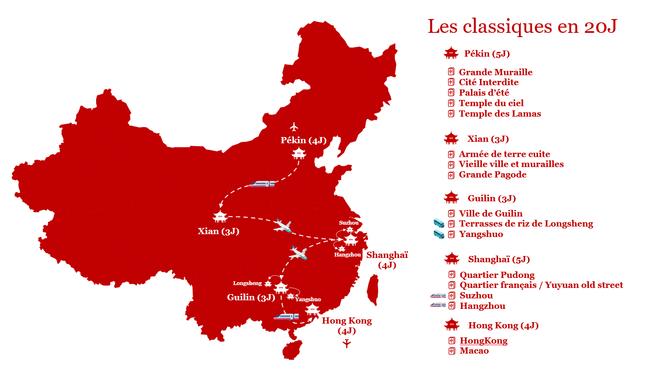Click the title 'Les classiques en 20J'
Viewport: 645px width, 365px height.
522,26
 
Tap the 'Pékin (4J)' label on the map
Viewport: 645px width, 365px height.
303,140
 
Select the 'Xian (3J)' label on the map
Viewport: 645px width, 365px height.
218,232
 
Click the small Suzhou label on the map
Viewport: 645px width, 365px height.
349,223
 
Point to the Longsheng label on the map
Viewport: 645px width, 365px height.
247,283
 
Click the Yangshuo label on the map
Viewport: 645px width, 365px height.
308,299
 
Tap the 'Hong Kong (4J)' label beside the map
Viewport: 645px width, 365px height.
347,326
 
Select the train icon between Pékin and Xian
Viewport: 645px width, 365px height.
262,184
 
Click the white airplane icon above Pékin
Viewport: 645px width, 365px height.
294,127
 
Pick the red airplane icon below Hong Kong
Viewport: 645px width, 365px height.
347,343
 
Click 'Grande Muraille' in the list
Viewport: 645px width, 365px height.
495,72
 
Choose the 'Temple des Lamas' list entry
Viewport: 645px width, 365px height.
499,114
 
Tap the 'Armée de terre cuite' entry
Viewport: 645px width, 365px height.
504,154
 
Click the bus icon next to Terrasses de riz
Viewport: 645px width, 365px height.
439,223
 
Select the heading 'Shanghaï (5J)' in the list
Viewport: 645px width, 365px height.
498,259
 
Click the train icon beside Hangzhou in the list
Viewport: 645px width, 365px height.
438,306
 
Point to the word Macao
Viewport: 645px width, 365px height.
474,351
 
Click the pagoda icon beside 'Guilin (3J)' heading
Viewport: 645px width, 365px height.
451,197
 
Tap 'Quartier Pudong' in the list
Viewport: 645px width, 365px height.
497,275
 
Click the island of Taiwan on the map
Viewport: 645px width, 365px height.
372,290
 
